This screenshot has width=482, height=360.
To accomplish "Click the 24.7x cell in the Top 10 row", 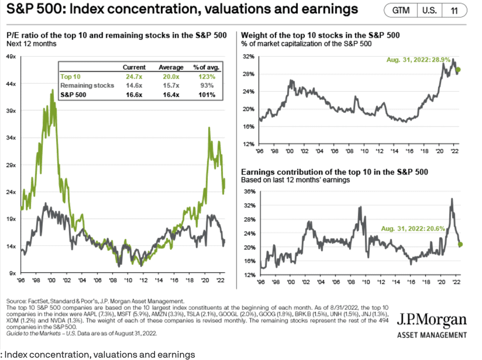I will pos(134,76).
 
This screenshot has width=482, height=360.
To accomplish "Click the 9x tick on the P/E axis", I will pos(13,273).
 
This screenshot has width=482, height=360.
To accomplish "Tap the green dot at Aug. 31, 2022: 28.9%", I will pos(458,70).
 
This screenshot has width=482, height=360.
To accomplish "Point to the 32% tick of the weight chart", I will pos(248,57).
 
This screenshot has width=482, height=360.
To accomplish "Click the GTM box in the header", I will pos(401,10).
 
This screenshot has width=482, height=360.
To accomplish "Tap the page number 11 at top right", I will pos(454,10).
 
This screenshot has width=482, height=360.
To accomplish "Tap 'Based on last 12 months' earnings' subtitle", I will pos(296,180).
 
